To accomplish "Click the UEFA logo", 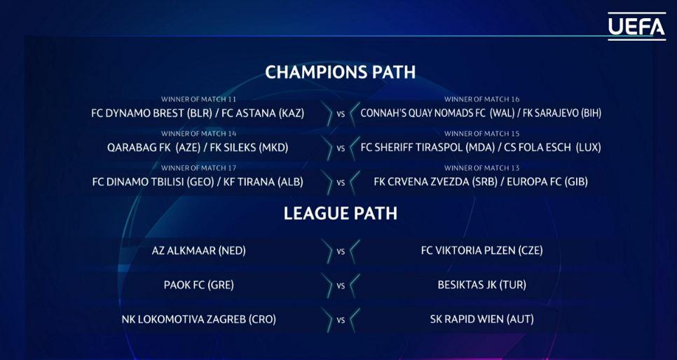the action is click(637, 27).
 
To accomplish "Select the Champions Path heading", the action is click(340, 72).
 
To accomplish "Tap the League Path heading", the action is click(340, 214).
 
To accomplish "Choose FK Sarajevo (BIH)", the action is click(562, 113).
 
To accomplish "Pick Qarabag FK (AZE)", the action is click(153, 148).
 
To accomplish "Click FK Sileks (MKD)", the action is click(248, 148).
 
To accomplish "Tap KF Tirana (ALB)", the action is click(264, 182).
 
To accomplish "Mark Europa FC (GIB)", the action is click(547, 182).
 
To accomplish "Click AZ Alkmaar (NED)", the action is click(198, 251).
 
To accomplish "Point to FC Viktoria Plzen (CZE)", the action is click(482, 251).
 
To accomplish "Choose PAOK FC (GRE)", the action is click(198, 285).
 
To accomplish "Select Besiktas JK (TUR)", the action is click(482, 285).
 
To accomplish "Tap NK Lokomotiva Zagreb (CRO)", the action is click(198, 320).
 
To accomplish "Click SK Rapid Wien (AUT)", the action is click(482, 320).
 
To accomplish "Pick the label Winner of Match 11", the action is click(198, 99).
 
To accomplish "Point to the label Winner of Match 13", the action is click(482, 168).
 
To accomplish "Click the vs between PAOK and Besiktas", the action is click(341, 286).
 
